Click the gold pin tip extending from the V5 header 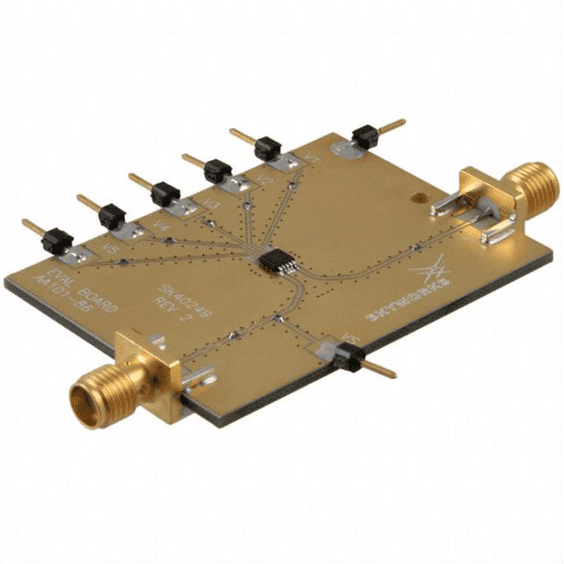pos(29,226)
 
